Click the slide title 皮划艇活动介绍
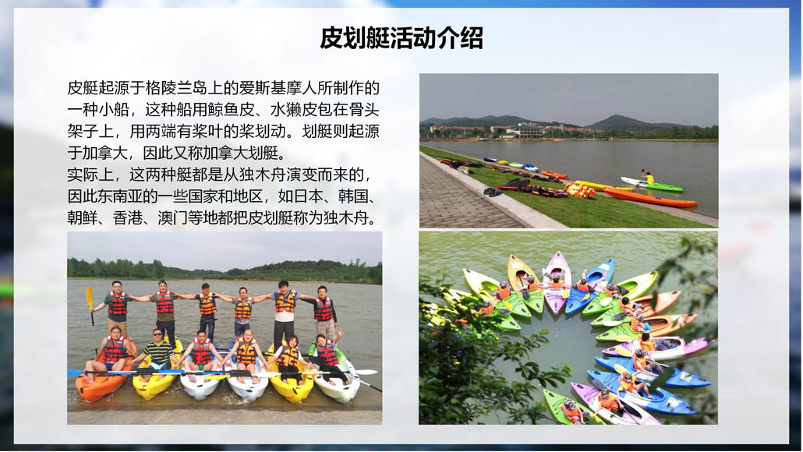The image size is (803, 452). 401,38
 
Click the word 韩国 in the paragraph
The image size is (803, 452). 353,196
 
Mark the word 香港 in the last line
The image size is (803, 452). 128,218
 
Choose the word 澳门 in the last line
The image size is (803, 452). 172,218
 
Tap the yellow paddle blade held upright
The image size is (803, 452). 89,298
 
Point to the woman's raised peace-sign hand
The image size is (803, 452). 339,334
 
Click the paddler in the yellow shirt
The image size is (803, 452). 649,178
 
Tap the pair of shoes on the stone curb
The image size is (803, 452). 493,192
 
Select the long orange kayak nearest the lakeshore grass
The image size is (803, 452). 649,198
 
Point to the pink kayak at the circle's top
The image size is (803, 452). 557,282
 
